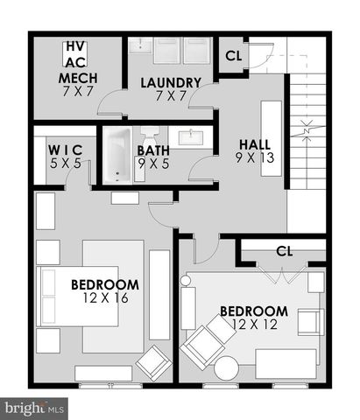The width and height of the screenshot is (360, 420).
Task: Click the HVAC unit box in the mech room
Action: (74, 55)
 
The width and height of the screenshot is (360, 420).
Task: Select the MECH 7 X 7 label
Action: (77, 85)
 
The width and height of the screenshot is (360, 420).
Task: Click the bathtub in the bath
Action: (118, 155)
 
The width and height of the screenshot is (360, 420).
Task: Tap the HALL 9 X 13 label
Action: (255, 150)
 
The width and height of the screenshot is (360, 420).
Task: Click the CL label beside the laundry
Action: (233, 57)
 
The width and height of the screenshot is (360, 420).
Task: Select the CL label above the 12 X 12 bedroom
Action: (282, 251)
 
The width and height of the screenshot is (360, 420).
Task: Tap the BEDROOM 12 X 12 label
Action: (254, 317)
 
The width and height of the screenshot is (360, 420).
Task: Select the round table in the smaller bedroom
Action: (226, 367)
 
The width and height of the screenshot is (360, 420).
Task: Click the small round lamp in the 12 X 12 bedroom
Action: (186, 280)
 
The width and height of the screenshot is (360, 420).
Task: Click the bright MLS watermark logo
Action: (35, 408)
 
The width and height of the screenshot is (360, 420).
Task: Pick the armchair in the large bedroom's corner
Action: (155, 360)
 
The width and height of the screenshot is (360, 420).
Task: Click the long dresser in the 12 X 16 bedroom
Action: (159, 294)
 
